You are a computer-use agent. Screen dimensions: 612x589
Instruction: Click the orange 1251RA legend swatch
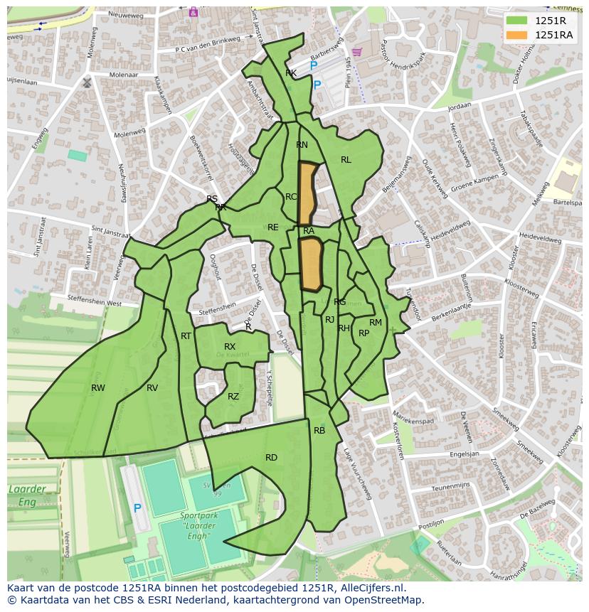tap(517, 35)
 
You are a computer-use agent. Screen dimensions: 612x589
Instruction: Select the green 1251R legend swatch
tap(517, 21)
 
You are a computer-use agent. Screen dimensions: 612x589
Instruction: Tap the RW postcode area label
tap(98, 388)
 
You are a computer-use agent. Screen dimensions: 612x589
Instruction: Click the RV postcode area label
tap(152, 388)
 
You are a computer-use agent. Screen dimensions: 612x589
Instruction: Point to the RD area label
tap(271, 458)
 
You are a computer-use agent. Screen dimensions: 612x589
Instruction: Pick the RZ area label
tap(233, 397)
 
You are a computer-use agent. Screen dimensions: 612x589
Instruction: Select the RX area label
tap(230, 347)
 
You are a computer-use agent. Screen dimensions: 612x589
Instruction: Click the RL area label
tap(346, 160)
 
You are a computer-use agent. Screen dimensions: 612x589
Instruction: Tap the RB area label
tap(319, 431)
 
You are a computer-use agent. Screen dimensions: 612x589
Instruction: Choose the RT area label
tap(186, 336)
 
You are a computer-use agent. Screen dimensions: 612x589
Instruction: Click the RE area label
tap(273, 227)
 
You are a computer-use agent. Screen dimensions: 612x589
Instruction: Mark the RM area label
tap(376, 323)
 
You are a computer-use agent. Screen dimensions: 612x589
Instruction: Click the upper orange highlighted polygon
tap(307, 192)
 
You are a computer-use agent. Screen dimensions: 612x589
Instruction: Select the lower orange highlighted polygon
tap(311, 264)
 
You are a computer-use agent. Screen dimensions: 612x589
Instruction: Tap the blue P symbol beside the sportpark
tap(137, 509)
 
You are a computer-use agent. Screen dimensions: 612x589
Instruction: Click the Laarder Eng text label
tap(26, 495)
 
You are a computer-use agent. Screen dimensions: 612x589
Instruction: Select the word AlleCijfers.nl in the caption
tap(369, 588)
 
